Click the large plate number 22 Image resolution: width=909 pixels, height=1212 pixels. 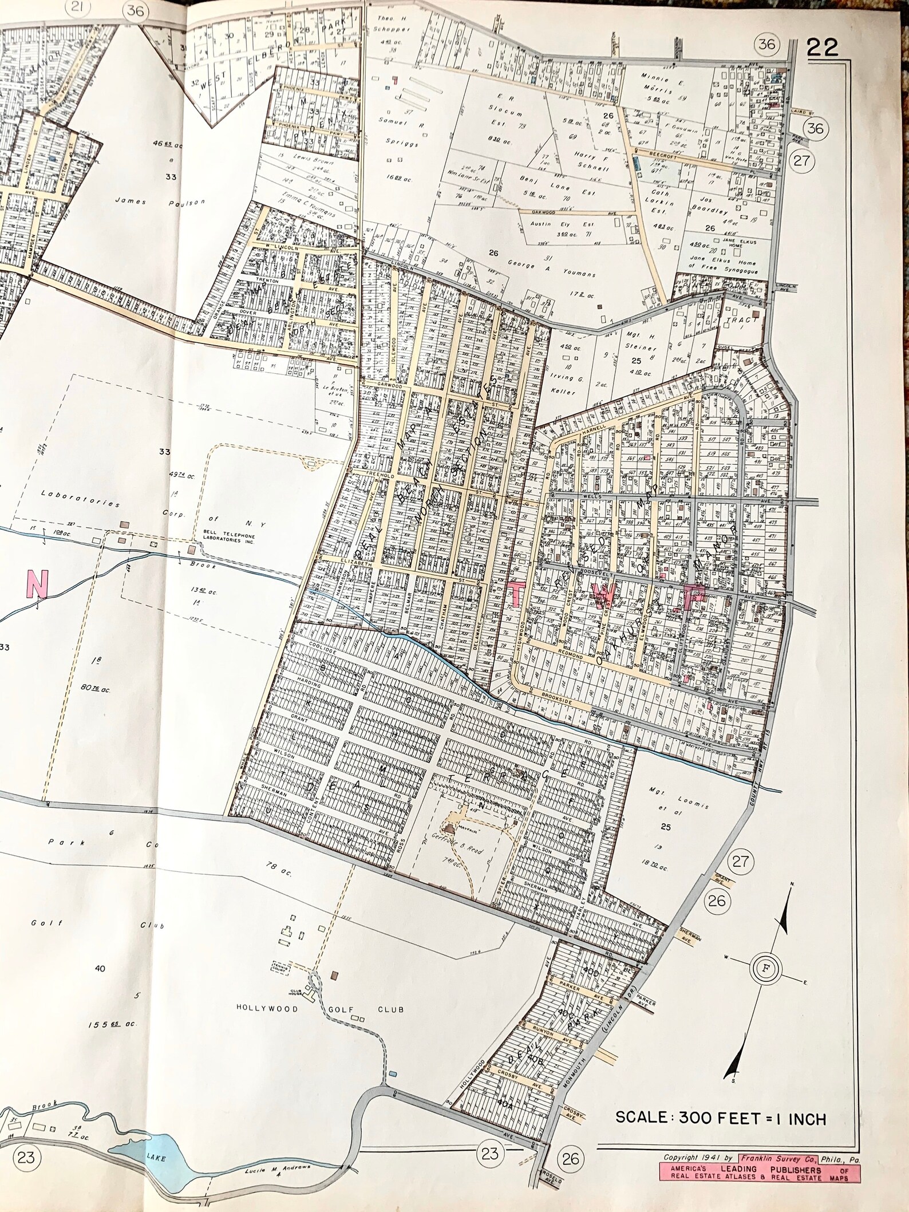pos(822,48)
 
